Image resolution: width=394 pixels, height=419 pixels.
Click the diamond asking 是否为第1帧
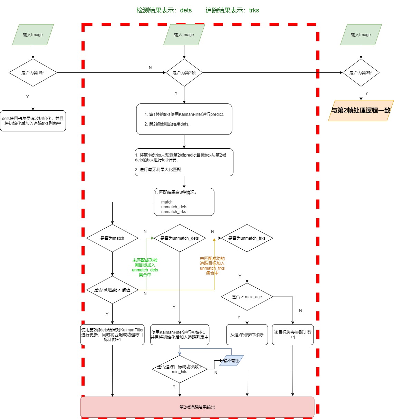point(33,72)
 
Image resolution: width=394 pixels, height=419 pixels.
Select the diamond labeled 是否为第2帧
point(184,72)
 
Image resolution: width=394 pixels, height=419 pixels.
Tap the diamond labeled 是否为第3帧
point(361,72)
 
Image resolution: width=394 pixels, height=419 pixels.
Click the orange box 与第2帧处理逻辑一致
point(361,111)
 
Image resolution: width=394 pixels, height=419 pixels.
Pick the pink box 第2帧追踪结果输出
point(197,407)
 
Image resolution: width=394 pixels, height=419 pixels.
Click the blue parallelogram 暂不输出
point(231,361)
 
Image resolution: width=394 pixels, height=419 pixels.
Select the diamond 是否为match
point(112,238)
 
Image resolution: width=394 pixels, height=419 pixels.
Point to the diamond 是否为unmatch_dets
point(180,238)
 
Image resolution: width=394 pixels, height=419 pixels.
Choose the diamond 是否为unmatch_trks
point(247,238)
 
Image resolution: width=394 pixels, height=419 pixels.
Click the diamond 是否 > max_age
point(247,297)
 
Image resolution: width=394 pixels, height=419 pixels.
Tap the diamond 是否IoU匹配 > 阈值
point(112,290)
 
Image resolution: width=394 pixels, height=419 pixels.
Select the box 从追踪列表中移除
point(247,335)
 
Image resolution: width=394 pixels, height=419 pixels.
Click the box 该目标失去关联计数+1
point(292,335)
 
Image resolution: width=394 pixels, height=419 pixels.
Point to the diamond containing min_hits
point(180,369)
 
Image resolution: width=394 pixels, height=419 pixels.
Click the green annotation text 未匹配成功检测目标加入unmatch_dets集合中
point(145,267)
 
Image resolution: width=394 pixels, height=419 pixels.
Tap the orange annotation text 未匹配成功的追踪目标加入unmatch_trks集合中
point(212,266)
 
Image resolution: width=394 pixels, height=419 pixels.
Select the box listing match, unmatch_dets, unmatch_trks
point(184,202)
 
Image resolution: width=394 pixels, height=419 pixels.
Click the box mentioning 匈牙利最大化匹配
point(184,162)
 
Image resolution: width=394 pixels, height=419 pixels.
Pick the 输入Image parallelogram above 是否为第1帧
point(33,34)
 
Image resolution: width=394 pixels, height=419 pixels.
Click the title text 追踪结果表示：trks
point(232,10)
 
